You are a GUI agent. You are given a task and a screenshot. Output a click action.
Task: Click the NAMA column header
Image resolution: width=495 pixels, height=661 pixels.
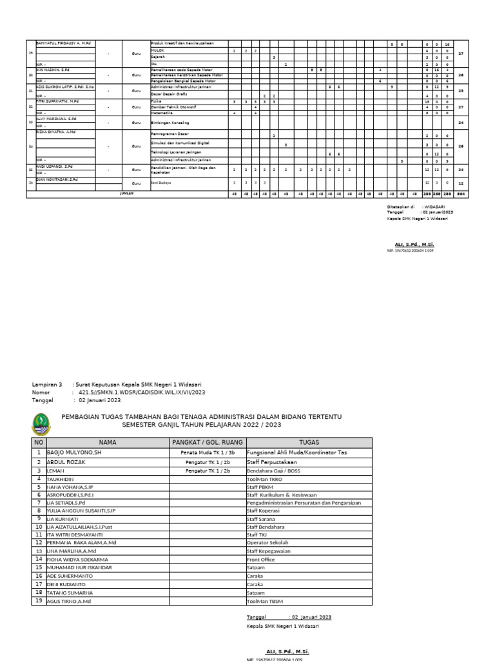click(107, 442)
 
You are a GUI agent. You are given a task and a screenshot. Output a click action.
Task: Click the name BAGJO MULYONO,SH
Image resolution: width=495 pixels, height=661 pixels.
click(75, 453)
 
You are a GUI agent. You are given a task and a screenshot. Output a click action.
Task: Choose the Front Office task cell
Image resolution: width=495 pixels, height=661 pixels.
click(261, 560)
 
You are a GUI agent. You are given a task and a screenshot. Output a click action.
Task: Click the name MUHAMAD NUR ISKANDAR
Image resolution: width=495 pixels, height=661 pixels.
click(79, 567)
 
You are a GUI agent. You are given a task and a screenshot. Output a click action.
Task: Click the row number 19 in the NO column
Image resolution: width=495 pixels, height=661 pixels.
click(39, 600)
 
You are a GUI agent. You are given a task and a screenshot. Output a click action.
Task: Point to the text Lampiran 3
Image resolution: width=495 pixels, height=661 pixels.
click(46, 384)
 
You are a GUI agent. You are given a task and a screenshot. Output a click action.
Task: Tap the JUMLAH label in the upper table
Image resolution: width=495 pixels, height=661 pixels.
click(126, 193)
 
